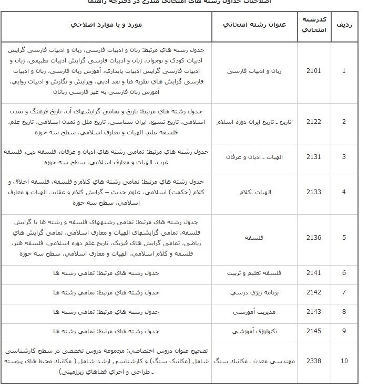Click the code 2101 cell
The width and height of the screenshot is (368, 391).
tap(313, 70)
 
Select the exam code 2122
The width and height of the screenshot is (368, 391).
tap(313, 122)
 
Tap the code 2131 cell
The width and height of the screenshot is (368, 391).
tap(313, 157)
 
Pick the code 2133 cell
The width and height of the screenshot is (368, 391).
tap(313, 192)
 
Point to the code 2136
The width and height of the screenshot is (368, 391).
tap(313, 237)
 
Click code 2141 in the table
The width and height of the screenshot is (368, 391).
tap(313, 273)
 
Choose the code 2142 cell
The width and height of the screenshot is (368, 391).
tap(313, 292)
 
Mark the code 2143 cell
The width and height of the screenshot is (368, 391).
tap(313, 312)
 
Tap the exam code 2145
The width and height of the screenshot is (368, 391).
tap(313, 331)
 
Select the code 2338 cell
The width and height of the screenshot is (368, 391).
tap(313, 361)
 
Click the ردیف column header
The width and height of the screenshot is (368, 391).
tap(344, 25)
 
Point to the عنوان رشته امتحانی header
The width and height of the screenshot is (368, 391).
tap(255, 25)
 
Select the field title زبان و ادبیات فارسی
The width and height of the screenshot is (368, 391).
tap(254, 70)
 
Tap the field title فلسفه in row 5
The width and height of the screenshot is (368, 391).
tap(254, 237)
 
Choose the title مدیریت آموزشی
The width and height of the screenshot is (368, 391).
tap(254, 312)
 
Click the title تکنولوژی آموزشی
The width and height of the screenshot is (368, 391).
tap(254, 331)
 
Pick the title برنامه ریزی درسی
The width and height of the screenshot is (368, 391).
tap(254, 292)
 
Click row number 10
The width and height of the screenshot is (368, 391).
tap(344, 361)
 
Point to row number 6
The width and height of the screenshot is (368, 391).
tap(344, 273)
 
